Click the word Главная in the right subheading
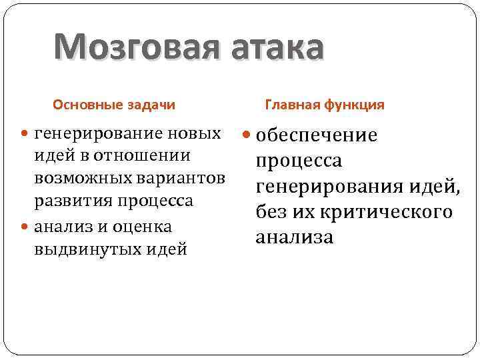293,105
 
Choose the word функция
354,105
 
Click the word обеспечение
317,136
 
